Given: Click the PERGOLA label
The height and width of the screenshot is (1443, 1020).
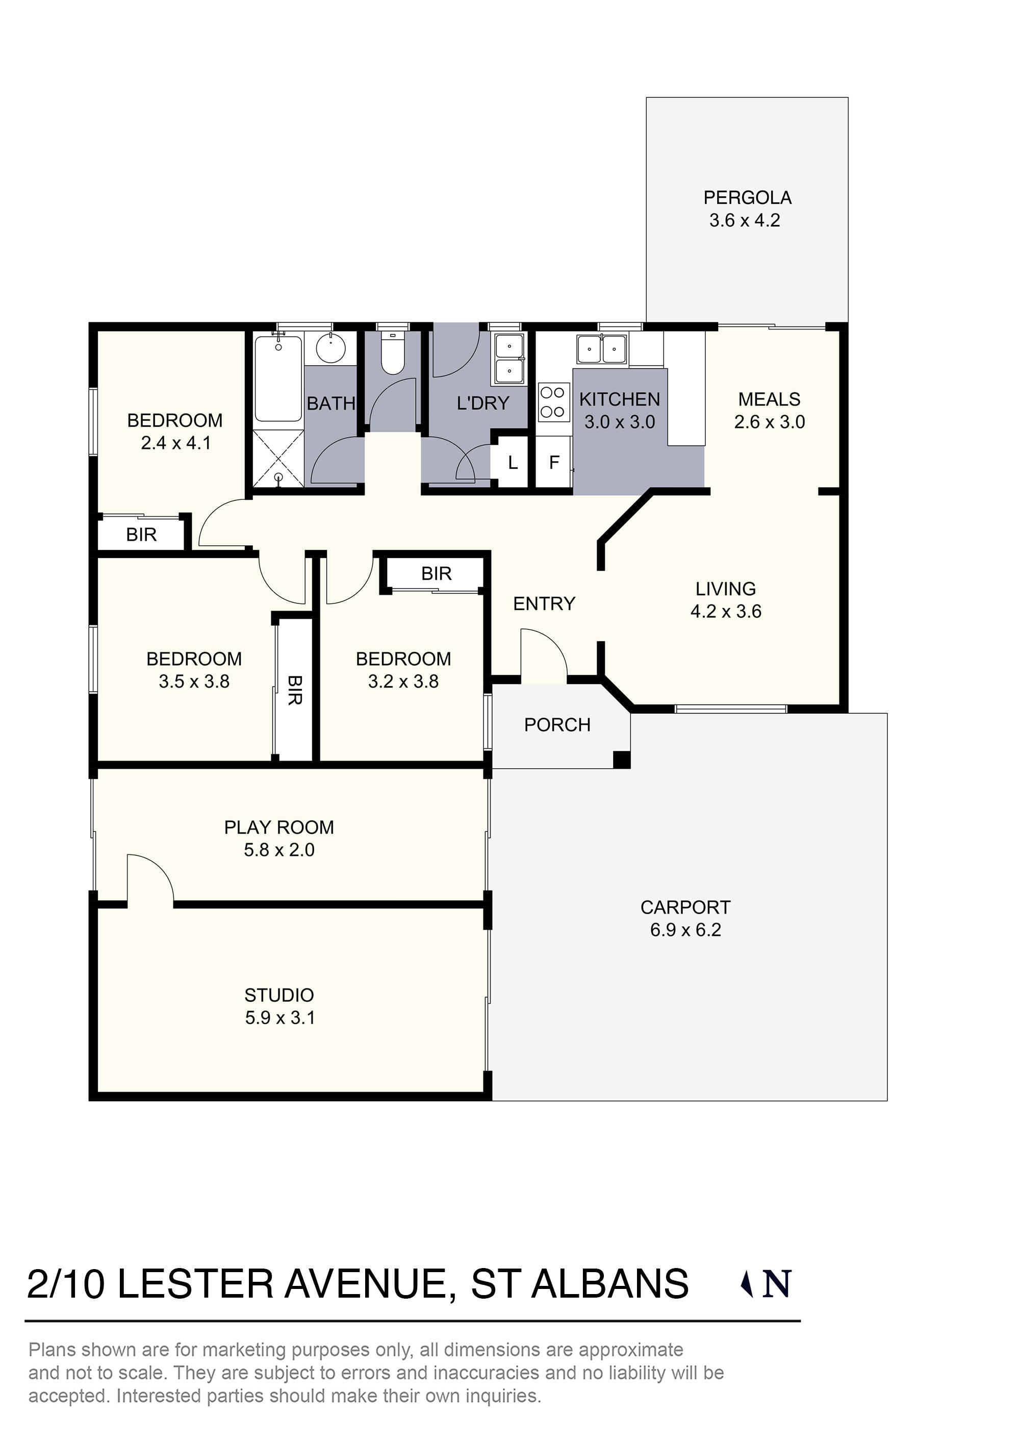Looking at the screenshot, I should click(x=747, y=198).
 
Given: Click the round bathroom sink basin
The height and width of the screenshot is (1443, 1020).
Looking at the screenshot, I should click(x=330, y=348).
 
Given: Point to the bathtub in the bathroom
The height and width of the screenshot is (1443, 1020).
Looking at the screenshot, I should click(x=278, y=379).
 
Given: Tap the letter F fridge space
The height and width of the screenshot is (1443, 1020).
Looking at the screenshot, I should click(x=554, y=463).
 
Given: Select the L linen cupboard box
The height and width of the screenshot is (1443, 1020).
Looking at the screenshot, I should click(x=512, y=463).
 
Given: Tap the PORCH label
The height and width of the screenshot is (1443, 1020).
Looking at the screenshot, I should click(x=557, y=725).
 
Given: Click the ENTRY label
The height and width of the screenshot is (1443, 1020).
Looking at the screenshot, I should click(x=544, y=603).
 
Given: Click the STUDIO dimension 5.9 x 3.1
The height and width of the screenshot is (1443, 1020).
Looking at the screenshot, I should click(x=279, y=1018).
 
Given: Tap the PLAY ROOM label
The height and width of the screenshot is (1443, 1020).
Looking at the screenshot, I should click(x=278, y=827).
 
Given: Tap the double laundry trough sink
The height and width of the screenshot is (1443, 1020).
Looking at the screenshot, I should click(x=509, y=360).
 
